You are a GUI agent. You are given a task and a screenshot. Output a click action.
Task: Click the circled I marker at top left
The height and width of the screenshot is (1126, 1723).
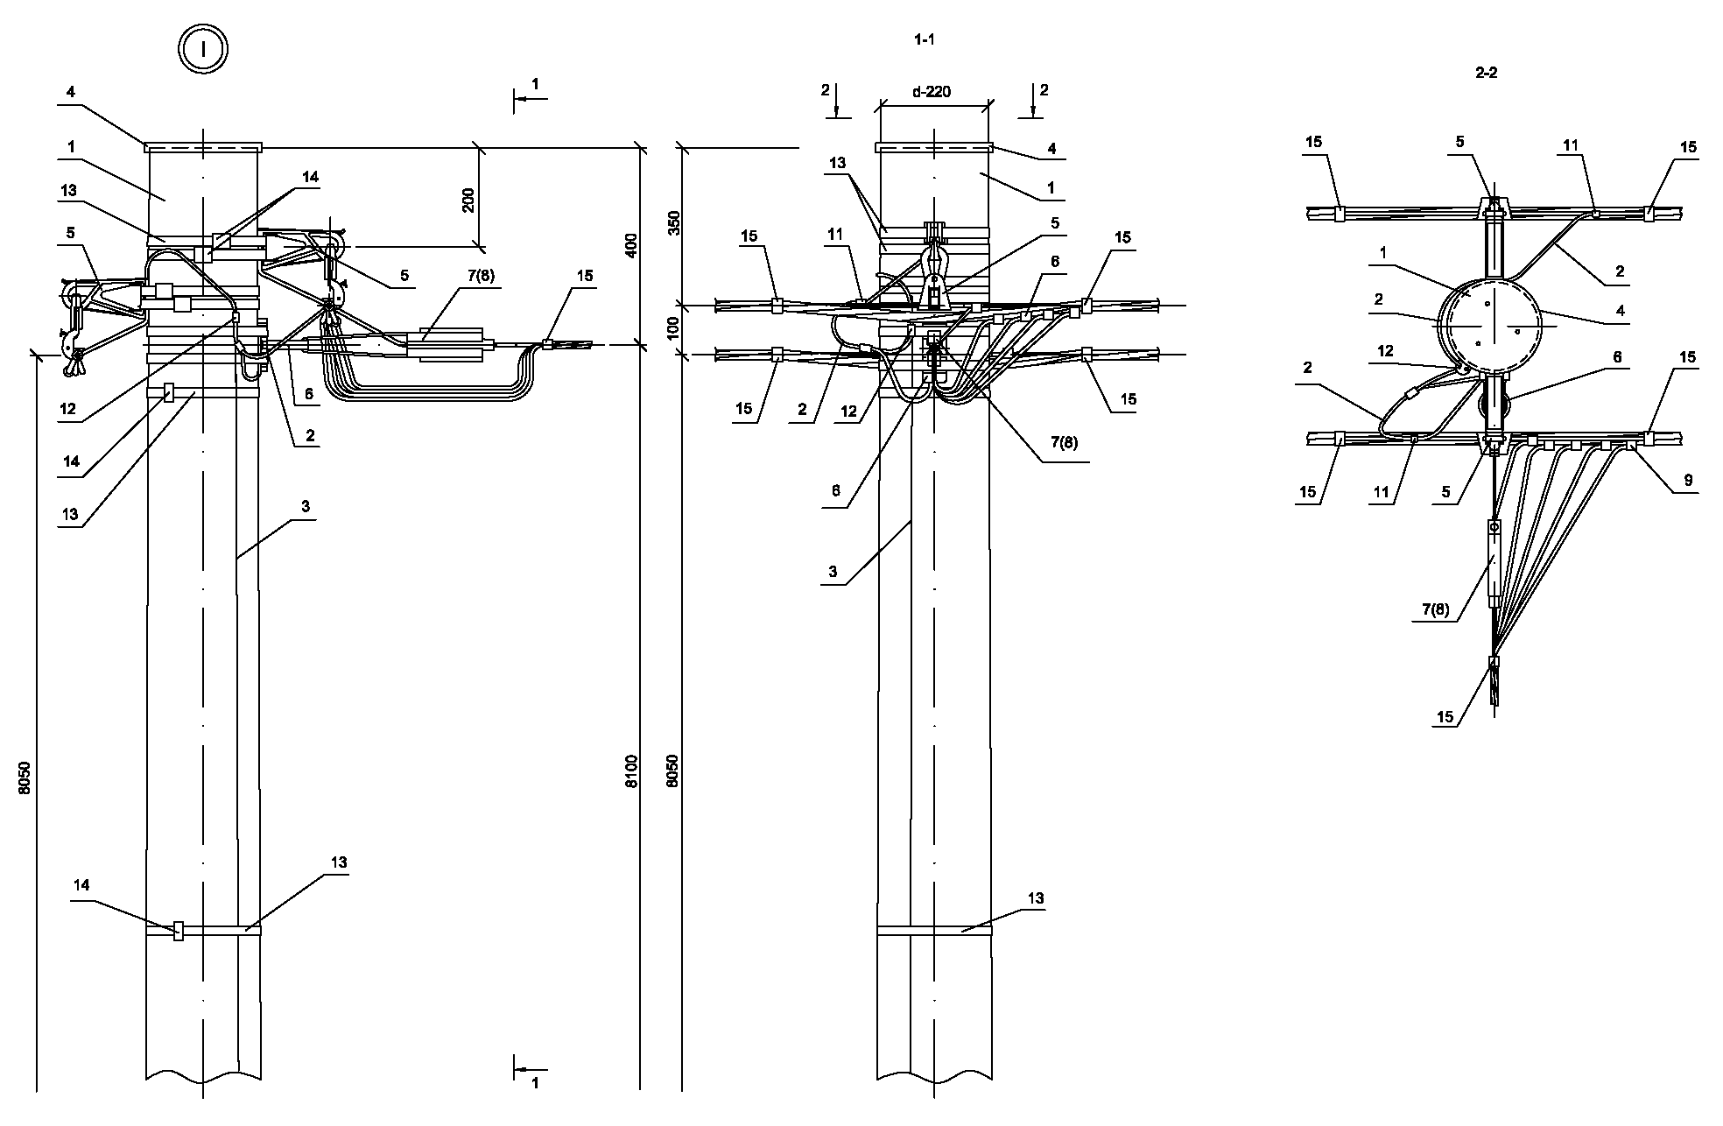(x=203, y=48)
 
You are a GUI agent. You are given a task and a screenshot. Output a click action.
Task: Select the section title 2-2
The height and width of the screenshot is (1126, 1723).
(x=1486, y=74)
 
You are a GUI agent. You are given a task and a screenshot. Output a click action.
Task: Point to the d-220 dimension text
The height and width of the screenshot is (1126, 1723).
(x=932, y=91)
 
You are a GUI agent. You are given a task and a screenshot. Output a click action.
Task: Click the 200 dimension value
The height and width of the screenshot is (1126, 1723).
(x=468, y=200)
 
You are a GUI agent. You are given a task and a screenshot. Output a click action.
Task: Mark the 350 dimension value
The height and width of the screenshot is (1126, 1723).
(x=673, y=223)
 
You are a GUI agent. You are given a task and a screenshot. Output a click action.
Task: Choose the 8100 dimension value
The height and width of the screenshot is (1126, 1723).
(x=632, y=771)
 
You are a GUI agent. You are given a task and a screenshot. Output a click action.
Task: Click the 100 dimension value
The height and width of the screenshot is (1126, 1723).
(x=673, y=329)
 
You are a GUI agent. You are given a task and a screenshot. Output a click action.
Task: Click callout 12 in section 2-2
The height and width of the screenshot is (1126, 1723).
(x=1385, y=351)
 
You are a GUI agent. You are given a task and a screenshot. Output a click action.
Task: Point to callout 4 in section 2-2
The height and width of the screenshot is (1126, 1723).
(x=1620, y=310)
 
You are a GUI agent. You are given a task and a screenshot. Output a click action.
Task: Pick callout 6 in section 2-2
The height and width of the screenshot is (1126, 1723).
(x=1617, y=357)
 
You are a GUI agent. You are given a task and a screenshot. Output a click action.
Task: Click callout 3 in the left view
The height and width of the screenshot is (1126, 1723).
(x=306, y=506)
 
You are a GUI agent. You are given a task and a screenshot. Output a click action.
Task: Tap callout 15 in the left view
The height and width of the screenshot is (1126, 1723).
(x=585, y=276)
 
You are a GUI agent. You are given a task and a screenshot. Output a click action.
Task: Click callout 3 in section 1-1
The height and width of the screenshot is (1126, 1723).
(x=833, y=572)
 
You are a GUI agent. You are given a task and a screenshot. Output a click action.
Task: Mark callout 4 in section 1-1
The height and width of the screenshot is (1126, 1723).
(x=1051, y=149)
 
